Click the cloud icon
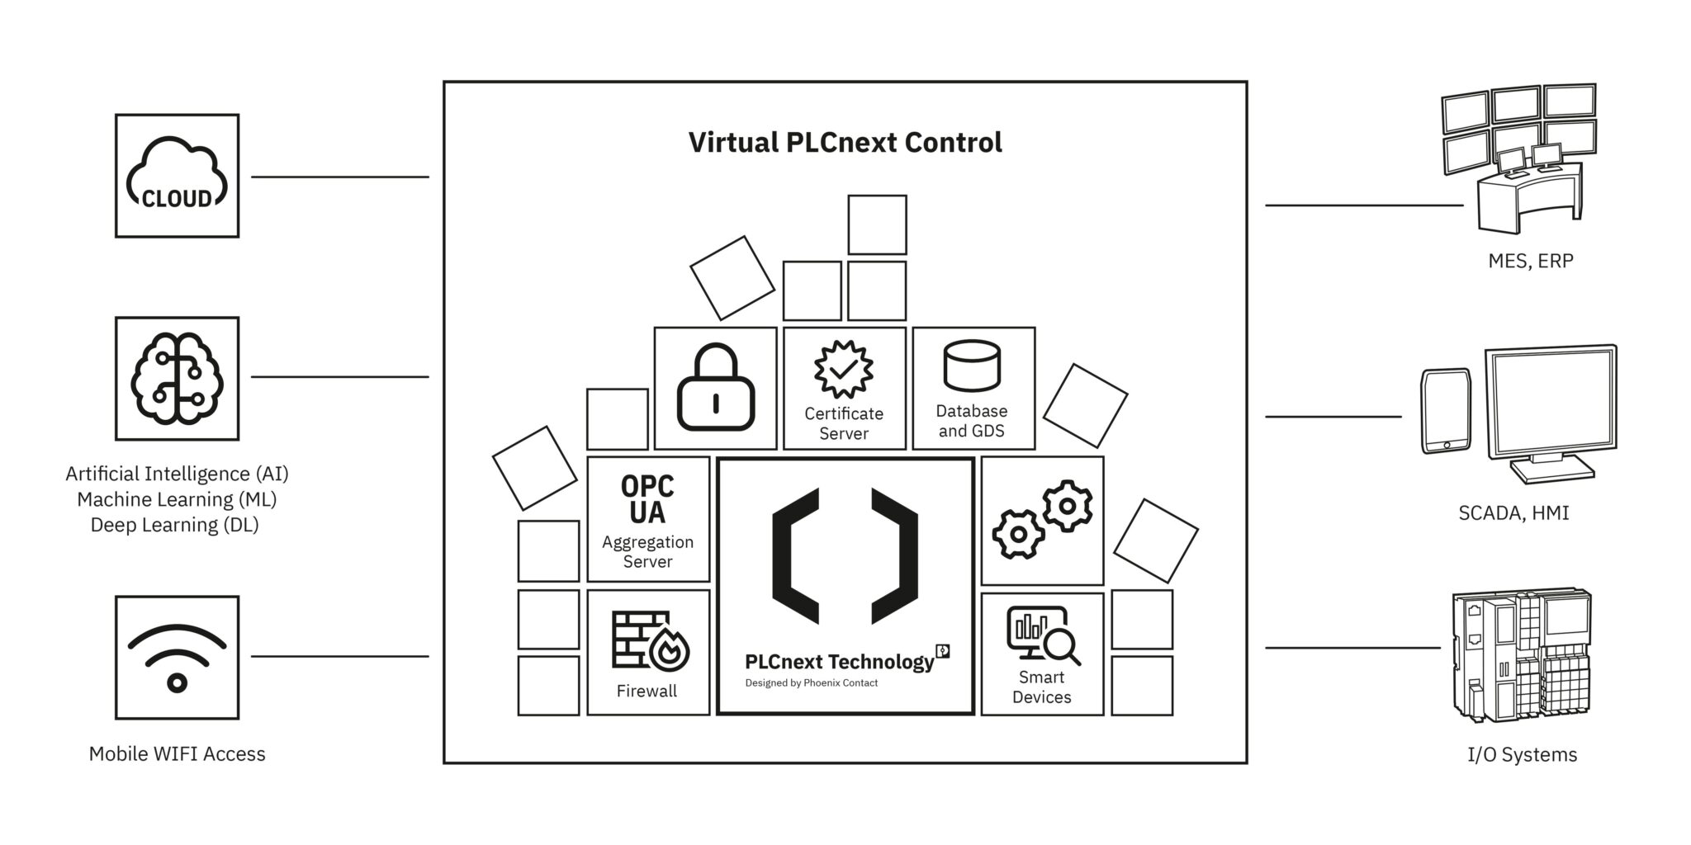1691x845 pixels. point(177,172)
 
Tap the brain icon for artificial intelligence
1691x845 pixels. point(177,378)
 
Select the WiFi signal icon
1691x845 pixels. point(177,657)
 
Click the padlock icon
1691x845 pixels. point(715,387)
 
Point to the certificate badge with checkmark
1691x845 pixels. point(844,369)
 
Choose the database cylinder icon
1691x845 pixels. point(972,365)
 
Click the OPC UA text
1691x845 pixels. point(647,499)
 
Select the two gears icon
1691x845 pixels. point(1042,519)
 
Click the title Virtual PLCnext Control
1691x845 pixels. point(845,142)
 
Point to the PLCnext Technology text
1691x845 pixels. point(839,662)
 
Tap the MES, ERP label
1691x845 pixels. point(1531,261)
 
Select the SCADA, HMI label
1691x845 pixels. point(1513,513)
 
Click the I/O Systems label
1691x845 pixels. point(1522,755)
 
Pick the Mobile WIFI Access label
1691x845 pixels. point(178,754)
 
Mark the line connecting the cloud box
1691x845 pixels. point(340,177)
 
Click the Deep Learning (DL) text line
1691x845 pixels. point(175,525)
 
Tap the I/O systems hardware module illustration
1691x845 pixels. point(1521,655)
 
